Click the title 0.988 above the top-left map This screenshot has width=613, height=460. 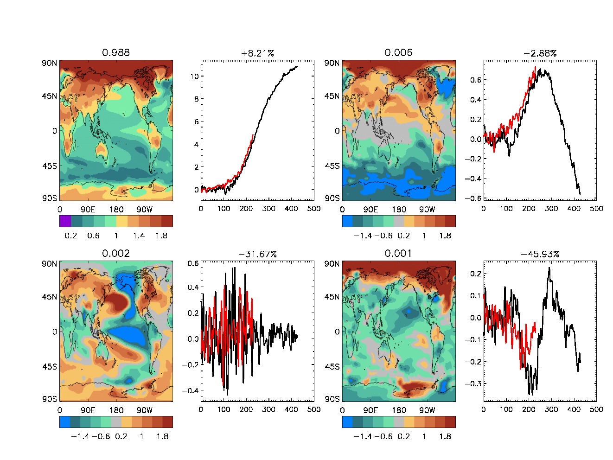coord(116,52)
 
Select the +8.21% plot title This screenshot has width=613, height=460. coord(257,53)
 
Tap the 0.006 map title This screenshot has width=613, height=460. coord(398,52)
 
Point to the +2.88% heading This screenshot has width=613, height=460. coord(540,53)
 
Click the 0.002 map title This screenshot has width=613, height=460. coord(116,253)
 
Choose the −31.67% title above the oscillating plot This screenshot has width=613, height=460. coord(257,254)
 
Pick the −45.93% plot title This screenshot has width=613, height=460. coord(540,254)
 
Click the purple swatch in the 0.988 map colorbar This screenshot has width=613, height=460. coord(65,221)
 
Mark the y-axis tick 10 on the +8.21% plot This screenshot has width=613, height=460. coord(194,76)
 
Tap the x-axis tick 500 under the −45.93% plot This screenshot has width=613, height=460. coord(596,409)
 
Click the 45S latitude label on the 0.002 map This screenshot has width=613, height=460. coord(49,366)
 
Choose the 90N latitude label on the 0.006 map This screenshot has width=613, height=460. coord(332,63)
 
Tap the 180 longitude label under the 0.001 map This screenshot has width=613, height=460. coord(399,410)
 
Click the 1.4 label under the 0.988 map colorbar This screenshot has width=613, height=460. coord(139,236)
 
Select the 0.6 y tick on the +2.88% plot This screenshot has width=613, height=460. coord(475,80)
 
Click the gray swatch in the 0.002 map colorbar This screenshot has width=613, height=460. coord(116,422)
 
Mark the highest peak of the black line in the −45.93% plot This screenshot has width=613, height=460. coord(549,268)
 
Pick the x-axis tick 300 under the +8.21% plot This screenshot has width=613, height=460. coord(269,209)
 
